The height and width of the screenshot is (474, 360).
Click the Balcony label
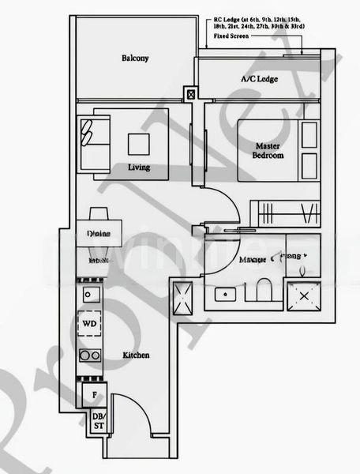point(135,58)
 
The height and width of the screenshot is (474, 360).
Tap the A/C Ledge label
point(258,80)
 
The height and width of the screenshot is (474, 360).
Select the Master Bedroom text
point(268,150)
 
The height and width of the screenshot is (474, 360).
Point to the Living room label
point(139,168)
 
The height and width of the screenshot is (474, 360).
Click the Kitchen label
point(136,356)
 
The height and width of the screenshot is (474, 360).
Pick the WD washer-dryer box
point(89,325)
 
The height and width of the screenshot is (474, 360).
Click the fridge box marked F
point(93,393)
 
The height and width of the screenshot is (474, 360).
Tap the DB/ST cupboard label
point(99,421)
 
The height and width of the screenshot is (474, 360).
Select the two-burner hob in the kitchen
point(89,355)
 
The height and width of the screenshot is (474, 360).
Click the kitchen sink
point(89,295)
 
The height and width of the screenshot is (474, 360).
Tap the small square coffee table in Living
point(139,143)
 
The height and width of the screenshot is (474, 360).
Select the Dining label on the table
point(99,234)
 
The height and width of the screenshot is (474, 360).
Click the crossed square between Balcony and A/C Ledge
point(191,94)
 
